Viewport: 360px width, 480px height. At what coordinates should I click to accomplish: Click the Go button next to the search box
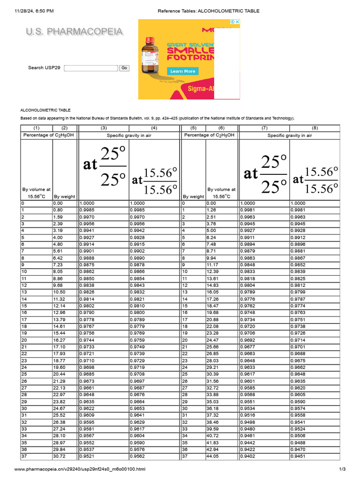point(124,68)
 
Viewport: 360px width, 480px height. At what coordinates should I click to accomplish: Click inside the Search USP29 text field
point(91,68)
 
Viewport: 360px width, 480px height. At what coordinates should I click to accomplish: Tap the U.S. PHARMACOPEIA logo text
point(75,32)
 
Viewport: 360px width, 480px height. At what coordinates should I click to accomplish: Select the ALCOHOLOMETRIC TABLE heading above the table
point(45,110)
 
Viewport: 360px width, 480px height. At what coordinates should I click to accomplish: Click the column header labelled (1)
point(36,128)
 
